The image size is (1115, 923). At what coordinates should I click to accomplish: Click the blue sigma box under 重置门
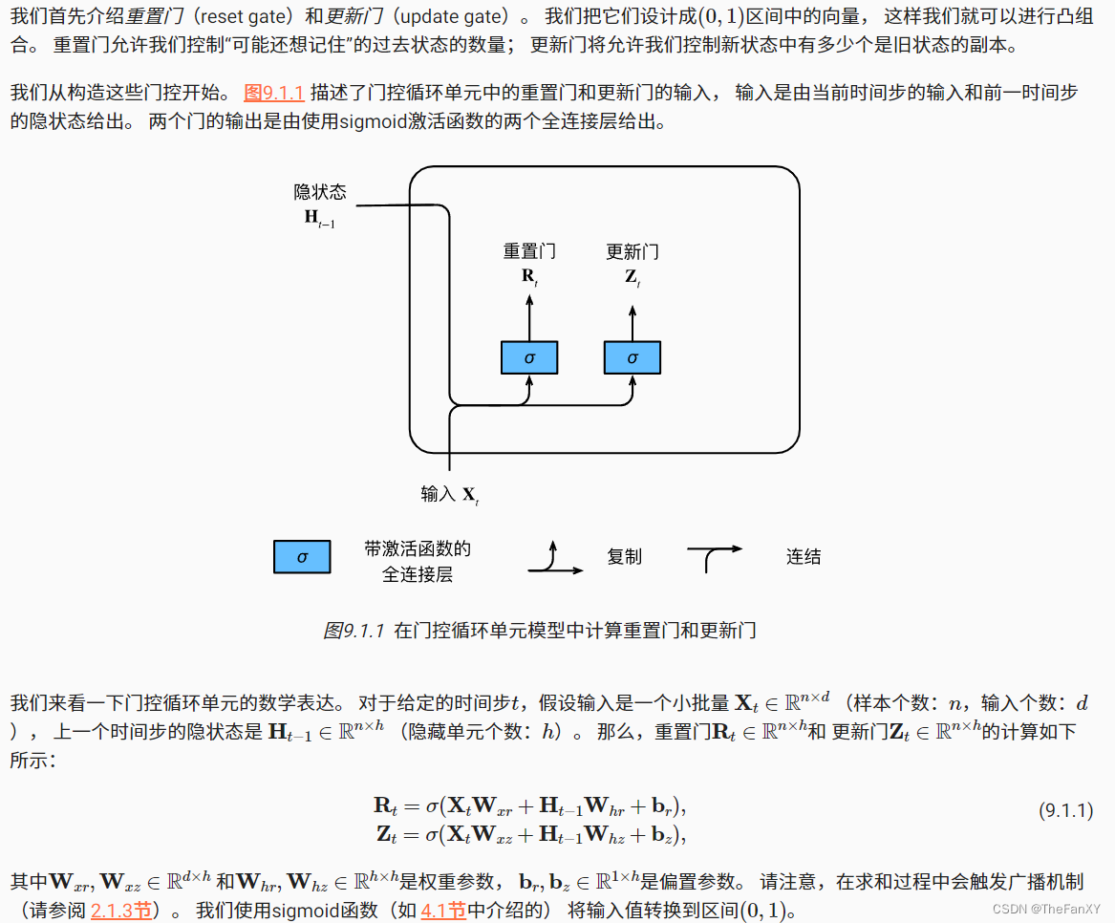coord(529,357)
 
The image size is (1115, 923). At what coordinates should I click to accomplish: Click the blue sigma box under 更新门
coord(632,357)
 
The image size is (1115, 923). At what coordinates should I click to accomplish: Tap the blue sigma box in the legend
coord(302,556)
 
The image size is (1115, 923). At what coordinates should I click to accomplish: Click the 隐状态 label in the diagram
coord(319,193)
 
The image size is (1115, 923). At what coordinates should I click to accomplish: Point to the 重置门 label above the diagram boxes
coord(529,252)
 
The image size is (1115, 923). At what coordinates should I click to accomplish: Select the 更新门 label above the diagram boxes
coord(632,252)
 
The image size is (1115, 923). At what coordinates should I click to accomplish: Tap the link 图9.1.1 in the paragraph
coord(274,93)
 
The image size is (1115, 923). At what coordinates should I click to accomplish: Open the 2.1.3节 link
coord(121,911)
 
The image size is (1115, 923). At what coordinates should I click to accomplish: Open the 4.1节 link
coord(443,911)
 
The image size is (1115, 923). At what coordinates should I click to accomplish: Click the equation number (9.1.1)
coord(1065,810)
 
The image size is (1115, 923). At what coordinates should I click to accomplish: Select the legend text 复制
coord(624,556)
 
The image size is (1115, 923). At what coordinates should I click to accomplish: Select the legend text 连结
coord(804,556)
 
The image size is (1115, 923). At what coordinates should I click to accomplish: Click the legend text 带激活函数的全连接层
coord(418,562)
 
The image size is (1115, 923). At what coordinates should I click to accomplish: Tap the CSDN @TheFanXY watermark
coord(1046,909)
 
